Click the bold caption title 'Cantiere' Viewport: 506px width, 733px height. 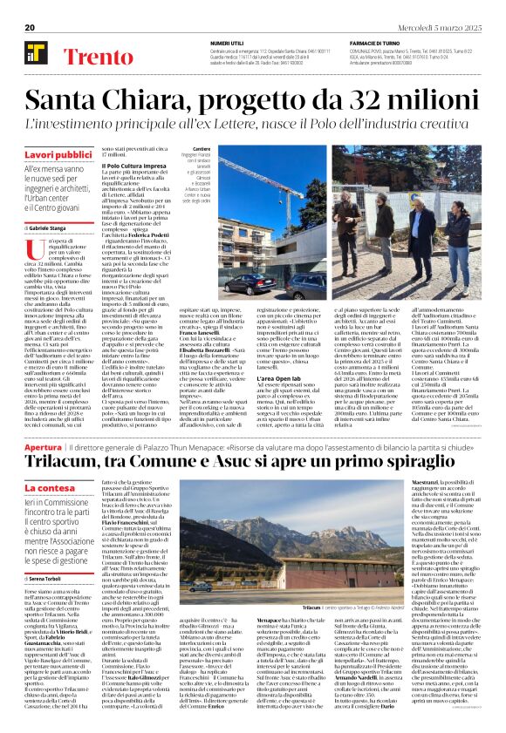click(x=202, y=149)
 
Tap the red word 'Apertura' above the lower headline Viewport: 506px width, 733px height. click(x=44, y=446)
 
